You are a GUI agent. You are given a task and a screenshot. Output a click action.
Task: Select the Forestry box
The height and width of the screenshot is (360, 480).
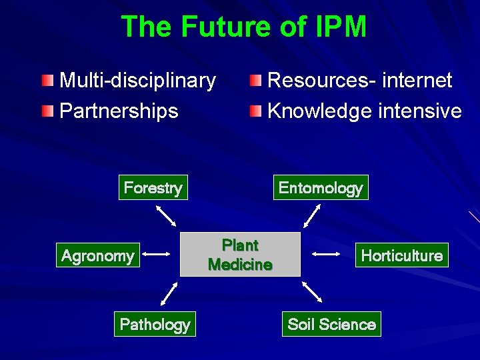[x=153, y=188]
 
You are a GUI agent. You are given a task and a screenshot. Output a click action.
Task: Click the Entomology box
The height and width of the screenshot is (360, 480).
[x=321, y=188]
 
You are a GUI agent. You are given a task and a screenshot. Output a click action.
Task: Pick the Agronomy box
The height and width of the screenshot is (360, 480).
[x=97, y=255]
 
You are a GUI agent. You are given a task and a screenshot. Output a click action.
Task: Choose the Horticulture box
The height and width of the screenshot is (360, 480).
[x=401, y=255]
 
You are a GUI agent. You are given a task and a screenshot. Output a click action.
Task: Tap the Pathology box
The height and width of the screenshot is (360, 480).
[x=155, y=325]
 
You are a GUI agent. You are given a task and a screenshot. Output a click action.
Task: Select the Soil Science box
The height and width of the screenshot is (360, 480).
[x=331, y=325]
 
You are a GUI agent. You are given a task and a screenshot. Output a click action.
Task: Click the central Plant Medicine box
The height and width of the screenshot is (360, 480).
[x=240, y=254]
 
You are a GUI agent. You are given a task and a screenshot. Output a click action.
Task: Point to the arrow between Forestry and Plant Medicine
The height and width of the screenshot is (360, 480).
[x=165, y=216]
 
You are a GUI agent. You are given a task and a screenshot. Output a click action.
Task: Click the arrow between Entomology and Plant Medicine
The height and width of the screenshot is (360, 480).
[x=312, y=216]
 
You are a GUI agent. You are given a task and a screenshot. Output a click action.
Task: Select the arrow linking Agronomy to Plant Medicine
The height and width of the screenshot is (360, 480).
[x=157, y=254]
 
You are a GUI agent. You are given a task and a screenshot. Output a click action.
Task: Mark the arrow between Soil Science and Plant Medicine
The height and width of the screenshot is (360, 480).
[x=312, y=291]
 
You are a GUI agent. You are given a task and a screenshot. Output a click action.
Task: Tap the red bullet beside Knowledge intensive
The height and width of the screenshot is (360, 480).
[x=256, y=111]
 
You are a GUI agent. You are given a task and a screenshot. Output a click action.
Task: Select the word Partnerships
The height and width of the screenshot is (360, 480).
[x=119, y=111]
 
